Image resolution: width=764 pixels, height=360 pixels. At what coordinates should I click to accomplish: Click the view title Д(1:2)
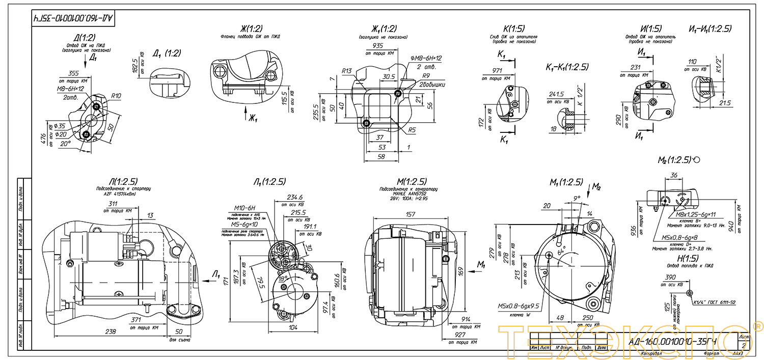pyautogui.click(x=85, y=37)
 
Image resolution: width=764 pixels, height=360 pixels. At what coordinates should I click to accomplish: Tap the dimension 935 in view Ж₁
pyautogui.click(x=377, y=45)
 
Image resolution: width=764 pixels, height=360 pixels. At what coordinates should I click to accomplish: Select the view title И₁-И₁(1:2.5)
pyautogui.click(x=710, y=29)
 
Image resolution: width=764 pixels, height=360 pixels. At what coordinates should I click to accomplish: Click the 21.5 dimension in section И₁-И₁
pyautogui.click(x=725, y=103)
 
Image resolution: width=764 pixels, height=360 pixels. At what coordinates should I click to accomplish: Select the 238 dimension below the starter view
pyautogui.click(x=110, y=331)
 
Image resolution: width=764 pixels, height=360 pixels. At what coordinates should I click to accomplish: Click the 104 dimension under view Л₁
pyautogui.click(x=293, y=328)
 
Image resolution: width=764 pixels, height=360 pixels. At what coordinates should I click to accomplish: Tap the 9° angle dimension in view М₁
pyautogui.click(x=576, y=199)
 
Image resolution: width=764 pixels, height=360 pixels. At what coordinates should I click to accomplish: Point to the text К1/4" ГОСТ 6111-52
pyautogui.click(x=715, y=303)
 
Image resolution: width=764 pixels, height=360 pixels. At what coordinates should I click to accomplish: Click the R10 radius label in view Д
pyautogui.click(x=116, y=96)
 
